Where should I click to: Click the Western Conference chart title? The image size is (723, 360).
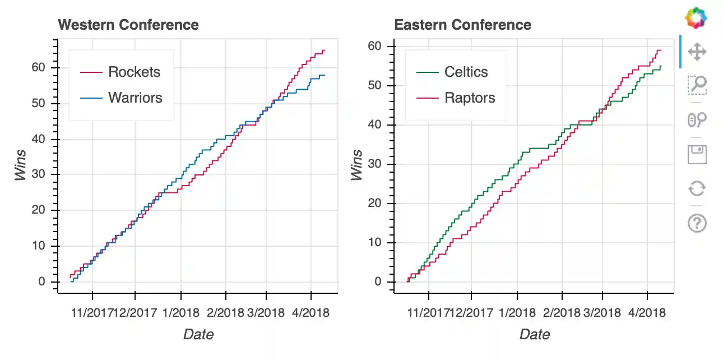tap(128, 25)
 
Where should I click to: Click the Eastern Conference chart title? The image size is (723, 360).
tap(462, 25)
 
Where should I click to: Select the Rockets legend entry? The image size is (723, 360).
tap(134, 72)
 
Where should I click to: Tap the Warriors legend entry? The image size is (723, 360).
tap(135, 98)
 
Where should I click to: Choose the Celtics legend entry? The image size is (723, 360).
tap(466, 72)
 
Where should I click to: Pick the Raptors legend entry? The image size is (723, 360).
tap(470, 98)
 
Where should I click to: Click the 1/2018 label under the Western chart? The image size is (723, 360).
tap(181, 312)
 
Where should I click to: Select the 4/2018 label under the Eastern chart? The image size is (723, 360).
tap(647, 312)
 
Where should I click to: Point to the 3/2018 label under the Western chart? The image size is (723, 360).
tap(266, 312)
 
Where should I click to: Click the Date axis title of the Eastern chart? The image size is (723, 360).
tap(534, 335)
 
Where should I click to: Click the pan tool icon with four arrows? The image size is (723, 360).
tap(697, 52)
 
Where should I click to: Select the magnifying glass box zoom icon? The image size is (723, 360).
tap(697, 85)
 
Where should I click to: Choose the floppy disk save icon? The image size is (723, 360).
tap(697, 154)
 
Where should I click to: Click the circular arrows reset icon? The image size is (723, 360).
tap(697, 189)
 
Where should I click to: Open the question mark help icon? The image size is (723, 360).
tap(697, 224)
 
